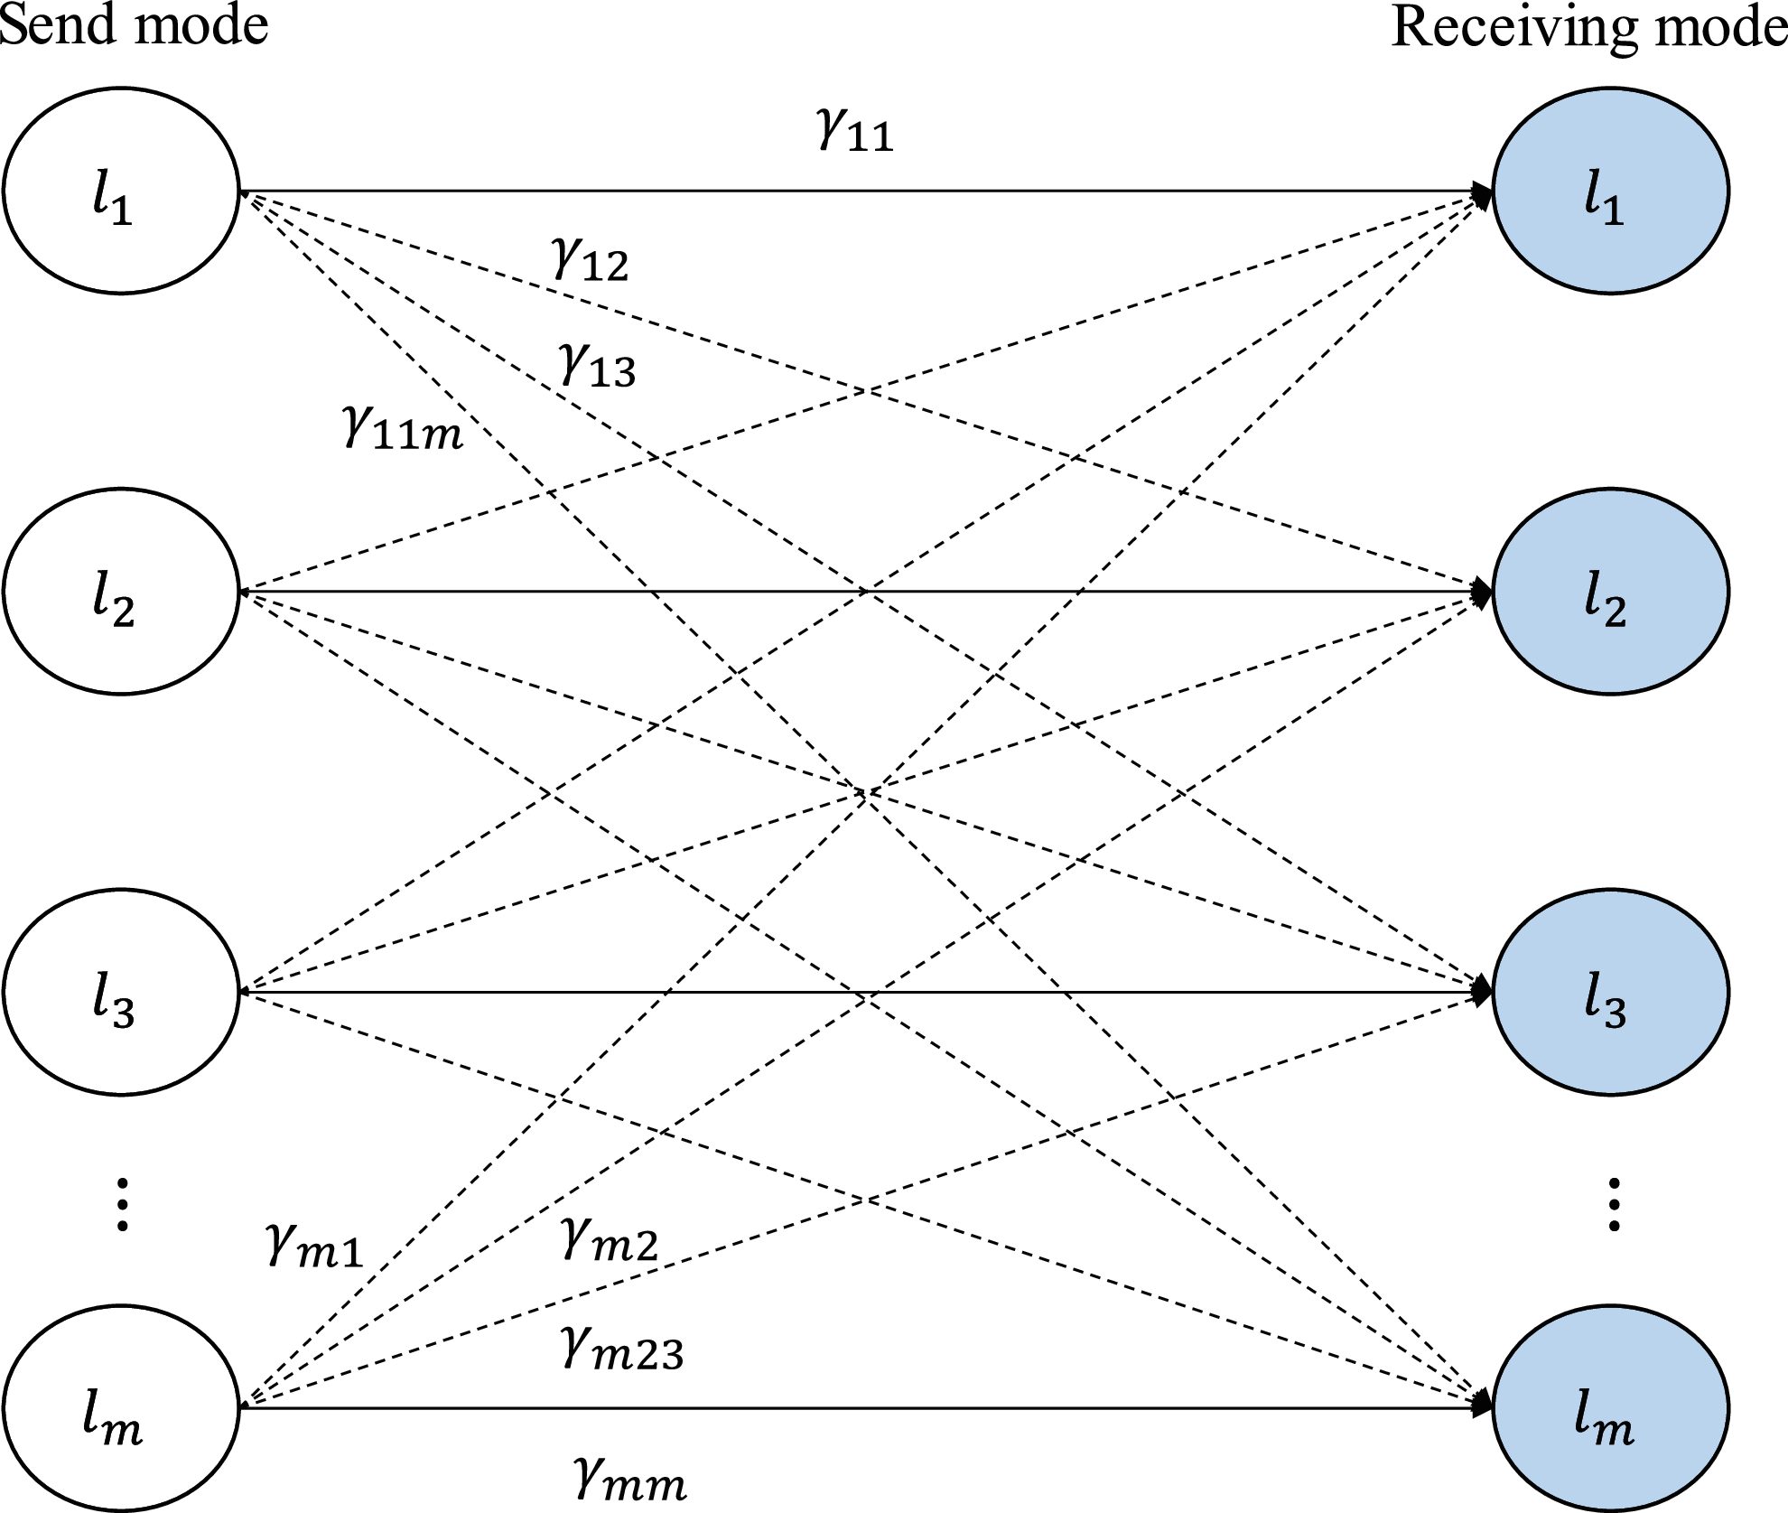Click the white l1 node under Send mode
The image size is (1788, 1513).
click(x=121, y=191)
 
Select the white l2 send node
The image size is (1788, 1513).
click(x=121, y=592)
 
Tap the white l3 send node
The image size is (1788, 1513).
click(x=121, y=993)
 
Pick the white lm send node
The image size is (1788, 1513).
click(x=121, y=1407)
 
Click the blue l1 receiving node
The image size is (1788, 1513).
click(x=1611, y=191)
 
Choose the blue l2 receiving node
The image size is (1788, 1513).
click(x=1611, y=592)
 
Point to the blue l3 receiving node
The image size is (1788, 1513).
click(x=1611, y=993)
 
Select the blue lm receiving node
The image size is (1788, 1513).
click(x=1611, y=1407)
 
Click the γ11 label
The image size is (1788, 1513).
click(x=854, y=131)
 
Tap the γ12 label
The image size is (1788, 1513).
click(x=590, y=261)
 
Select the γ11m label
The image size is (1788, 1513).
click(x=403, y=428)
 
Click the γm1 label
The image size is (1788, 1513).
click(x=315, y=1247)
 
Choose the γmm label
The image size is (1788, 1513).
click(x=630, y=1479)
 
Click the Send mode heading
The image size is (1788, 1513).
click(x=134, y=24)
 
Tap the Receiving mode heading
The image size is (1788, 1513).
click(x=1589, y=27)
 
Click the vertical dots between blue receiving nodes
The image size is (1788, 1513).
click(x=1614, y=1204)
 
